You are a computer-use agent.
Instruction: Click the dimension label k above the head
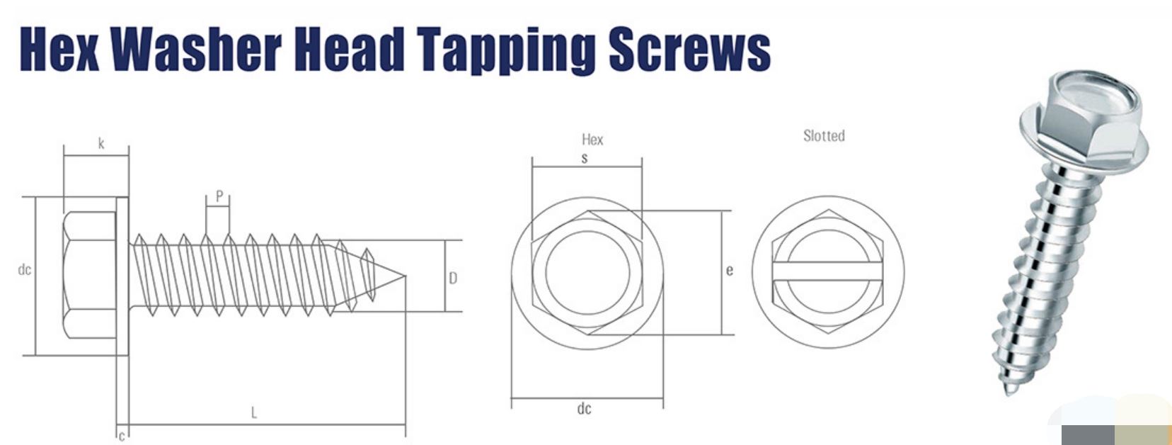(101, 144)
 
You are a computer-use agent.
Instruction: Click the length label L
(254, 412)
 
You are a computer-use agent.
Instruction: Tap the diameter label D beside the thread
(453, 278)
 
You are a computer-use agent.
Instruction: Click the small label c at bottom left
(122, 435)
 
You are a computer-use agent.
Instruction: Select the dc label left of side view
(25, 269)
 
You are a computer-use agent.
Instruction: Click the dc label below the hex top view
(584, 409)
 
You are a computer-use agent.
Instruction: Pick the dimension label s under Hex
(585, 159)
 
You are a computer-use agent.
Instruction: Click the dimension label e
(730, 270)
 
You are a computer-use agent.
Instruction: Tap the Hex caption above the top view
(592, 140)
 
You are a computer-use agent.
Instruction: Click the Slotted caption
(824, 135)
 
